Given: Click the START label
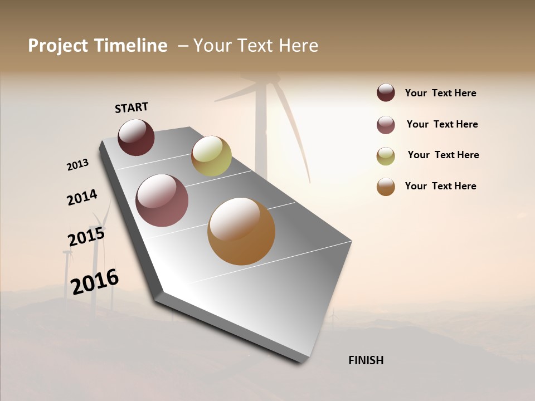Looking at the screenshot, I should [x=132, y=107].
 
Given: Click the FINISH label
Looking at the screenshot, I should [x=366, y=360].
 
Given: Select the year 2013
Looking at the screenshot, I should [x=77, y=165].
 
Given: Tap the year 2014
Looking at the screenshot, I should [x=82, y=197].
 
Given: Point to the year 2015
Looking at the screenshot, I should [x=86, y=237].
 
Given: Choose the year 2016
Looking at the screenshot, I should [x=95, y=281].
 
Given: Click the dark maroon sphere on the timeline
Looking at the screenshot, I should [x=136, y=137].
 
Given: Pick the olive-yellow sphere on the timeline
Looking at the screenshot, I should [x=211, y=156].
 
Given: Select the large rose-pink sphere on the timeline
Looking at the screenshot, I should [x=162, y=200].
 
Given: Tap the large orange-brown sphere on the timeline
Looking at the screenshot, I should [x=241, y=231].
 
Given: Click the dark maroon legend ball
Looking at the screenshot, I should [x=386, y=92].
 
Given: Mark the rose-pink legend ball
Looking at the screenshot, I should [x=386, y=125].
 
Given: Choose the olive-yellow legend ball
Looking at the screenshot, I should [x=386, y=156].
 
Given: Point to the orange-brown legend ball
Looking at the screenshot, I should [x=386, y=187].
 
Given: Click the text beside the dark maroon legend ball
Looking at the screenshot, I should [x=440, y=93].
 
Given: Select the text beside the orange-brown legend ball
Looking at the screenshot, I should [x=440, y=186].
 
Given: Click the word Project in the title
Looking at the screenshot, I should [x=58, y=46].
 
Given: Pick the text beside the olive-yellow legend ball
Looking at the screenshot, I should [x=443, y=155].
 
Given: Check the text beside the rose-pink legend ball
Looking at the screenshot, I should [x=442, y=124].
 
